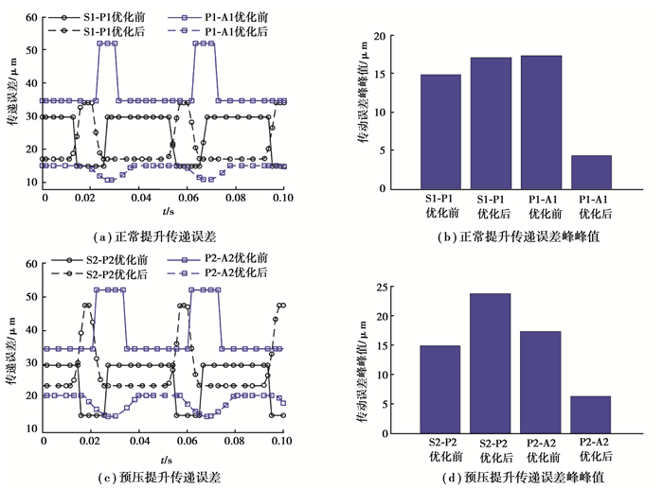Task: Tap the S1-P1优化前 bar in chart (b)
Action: (440, 131)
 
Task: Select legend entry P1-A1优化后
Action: (229, 30)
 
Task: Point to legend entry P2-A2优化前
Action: (231, 259)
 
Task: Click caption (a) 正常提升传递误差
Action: (164, 227)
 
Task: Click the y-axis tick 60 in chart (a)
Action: (31, 18)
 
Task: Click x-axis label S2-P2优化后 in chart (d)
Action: (491, 450)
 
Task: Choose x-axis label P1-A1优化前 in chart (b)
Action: (541, 208)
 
